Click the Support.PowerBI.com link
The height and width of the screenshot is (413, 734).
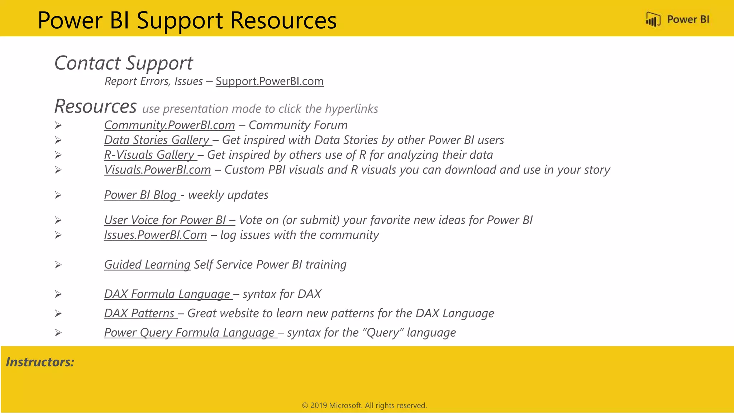(x=270, y=81)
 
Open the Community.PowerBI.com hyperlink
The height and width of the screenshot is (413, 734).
(x=169, y=125)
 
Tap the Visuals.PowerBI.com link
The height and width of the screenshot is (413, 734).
(x=157, y=170)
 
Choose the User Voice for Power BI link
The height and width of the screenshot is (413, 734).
(x=169, y=220)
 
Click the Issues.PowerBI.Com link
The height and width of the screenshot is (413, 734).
(x=155, y=235)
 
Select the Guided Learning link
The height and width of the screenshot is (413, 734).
(x=147, y=265)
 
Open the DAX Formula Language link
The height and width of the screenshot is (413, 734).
(x=167, y=294)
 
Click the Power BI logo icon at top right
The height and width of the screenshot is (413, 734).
(x=653, y=19)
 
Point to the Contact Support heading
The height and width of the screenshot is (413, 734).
(x=123, y=63)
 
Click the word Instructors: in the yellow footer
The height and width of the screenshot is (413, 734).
(x=40, y=362)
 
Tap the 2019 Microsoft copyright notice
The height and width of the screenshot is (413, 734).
(x=364, y=405)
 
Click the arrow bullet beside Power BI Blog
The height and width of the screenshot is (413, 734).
(x=58, y=195)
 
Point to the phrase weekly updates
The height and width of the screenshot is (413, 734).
(x=228, y=195)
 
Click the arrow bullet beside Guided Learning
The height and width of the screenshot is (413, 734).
(x=58, y=265)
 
